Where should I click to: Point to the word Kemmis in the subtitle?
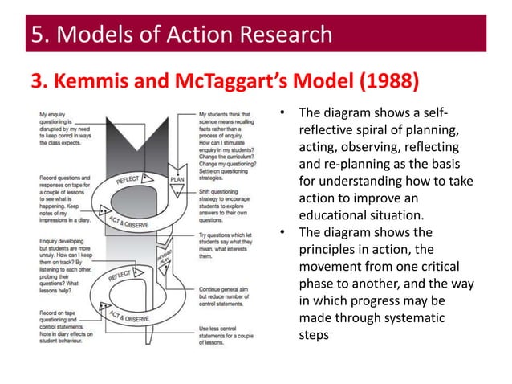[x=83, y=81]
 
